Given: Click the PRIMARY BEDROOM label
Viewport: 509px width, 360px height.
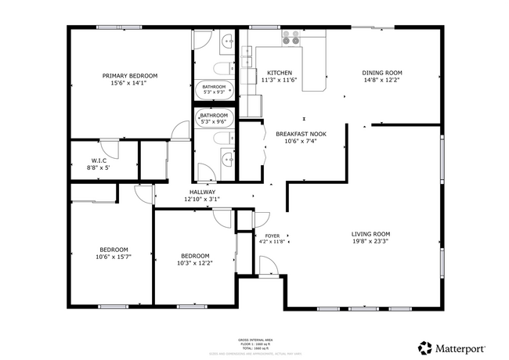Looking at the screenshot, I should [x=129, y=76].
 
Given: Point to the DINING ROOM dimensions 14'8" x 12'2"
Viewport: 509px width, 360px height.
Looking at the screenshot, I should [x=382, y=80].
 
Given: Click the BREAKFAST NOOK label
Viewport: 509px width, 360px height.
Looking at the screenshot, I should [x=301, y=134].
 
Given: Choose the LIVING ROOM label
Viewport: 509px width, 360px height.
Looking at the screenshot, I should [x=370, y=234].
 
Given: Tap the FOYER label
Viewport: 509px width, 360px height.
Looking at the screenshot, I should [x=272, y=236].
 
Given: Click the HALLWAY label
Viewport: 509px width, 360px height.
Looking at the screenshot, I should [x=201, y=192].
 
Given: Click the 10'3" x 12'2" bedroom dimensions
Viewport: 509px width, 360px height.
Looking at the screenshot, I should [x=195, y=263].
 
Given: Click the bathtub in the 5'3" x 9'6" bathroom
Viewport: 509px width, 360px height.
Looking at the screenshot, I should [x=214, y=118].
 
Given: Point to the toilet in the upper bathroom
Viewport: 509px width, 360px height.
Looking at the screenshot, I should [x=222, y=67].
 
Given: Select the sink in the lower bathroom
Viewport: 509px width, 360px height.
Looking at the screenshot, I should [x=227, y=159].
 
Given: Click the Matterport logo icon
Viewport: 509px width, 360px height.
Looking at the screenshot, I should [x=424, y=347].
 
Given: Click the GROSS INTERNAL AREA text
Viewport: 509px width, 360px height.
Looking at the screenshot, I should [x=254, y=340].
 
